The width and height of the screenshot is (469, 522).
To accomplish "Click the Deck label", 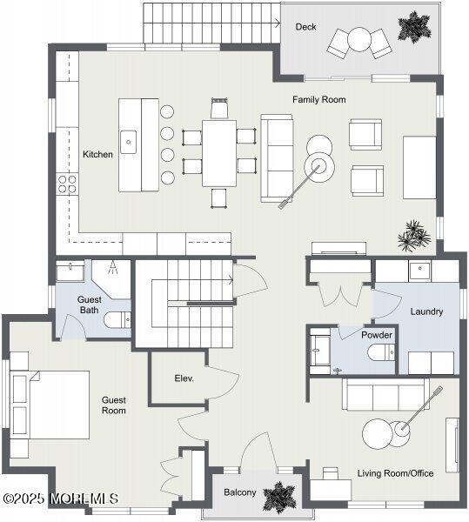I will click(x=305, y=27).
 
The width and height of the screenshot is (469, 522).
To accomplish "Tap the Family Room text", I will click(x=318, y=100).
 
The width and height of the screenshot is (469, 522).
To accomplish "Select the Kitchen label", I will click(x=97, y=154).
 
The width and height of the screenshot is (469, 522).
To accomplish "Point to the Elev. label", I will click(x=184, y=378).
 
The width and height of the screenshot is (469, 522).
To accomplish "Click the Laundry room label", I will click(x=426, y=311).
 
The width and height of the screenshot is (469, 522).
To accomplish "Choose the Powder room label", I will click(x=377, y=335).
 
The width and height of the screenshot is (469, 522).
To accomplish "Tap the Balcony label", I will click(x=240, y=492).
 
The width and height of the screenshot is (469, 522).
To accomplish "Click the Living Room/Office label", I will click(x=395, y=473).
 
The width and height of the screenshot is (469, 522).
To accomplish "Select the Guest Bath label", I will click(x=89, y=304).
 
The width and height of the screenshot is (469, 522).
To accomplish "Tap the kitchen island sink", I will click(x=129, y=141).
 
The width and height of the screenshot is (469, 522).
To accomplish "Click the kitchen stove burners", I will click(x=66, y=183).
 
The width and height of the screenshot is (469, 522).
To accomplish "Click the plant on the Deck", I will click(x=414, y=25).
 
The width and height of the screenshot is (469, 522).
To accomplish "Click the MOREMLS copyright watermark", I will click(x=60, y=499).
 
